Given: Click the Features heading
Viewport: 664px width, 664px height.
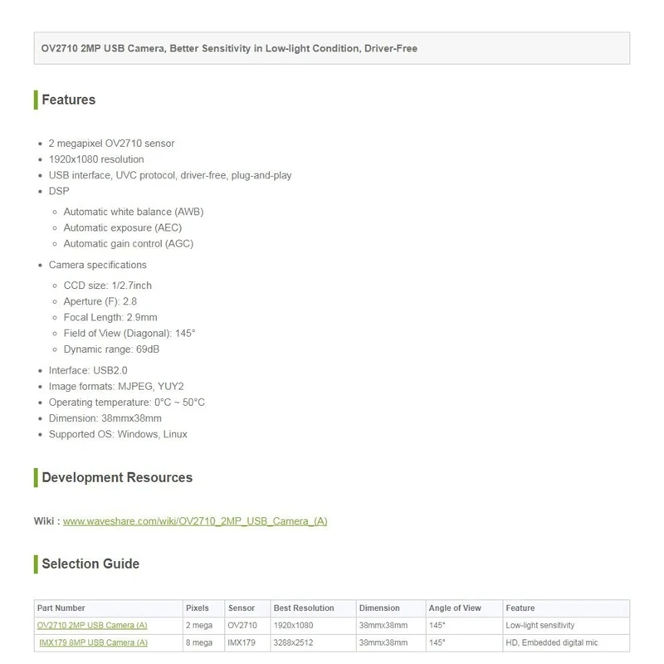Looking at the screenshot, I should pyautogui.click(x=69, y=100).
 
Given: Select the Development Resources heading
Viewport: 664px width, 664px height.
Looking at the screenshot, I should pyautogui.click(x=117, y=477).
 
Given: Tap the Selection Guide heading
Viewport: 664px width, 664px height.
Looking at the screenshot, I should pyautogui.click(x=90, y=564).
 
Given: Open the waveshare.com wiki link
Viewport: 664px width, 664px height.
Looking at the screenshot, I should pyautogui.click(x=195, y=521).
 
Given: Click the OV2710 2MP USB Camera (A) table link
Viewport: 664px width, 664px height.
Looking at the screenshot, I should pyautogui.click(x=92, y=625).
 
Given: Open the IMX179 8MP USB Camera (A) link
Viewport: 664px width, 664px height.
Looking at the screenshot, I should pyautogui.click(x=93, y=642).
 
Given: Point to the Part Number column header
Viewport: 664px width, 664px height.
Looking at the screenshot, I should pyautogui.click(x=61, y=608).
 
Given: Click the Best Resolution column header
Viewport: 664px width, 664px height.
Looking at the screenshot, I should pyautogui.click(x=303, y=608).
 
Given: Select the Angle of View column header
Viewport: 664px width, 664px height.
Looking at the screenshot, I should pyautogui.click(x=455, y=608).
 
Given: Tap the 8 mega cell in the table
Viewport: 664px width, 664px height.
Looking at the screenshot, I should pyautogui.click(x=198, y=642).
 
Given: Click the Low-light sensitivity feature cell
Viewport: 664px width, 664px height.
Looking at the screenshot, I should pyautogui.click(x=539, y=625).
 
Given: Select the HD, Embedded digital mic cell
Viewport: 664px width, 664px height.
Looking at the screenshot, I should pyautogui.click(x=551, y=642).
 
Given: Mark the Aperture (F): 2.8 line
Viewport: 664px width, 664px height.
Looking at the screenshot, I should pyautogui.click(x=100, y=301).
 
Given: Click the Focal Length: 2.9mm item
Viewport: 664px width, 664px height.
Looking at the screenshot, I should pyautogui.click(x=110, y=317).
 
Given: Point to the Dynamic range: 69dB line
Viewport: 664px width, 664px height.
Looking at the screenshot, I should pyautogui.click(x=111, y=349).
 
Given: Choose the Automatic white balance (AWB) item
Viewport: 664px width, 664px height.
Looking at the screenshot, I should pyautogui.click(x=133, y=212).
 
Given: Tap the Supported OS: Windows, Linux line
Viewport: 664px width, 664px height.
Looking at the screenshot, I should pyautogui.click(x=118, y=434).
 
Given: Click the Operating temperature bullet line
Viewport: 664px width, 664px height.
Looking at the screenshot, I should pyautogui.click(x=127, y=403).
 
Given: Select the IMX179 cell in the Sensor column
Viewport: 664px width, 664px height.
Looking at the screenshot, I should pyautogui.click(x=241, y=642).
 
